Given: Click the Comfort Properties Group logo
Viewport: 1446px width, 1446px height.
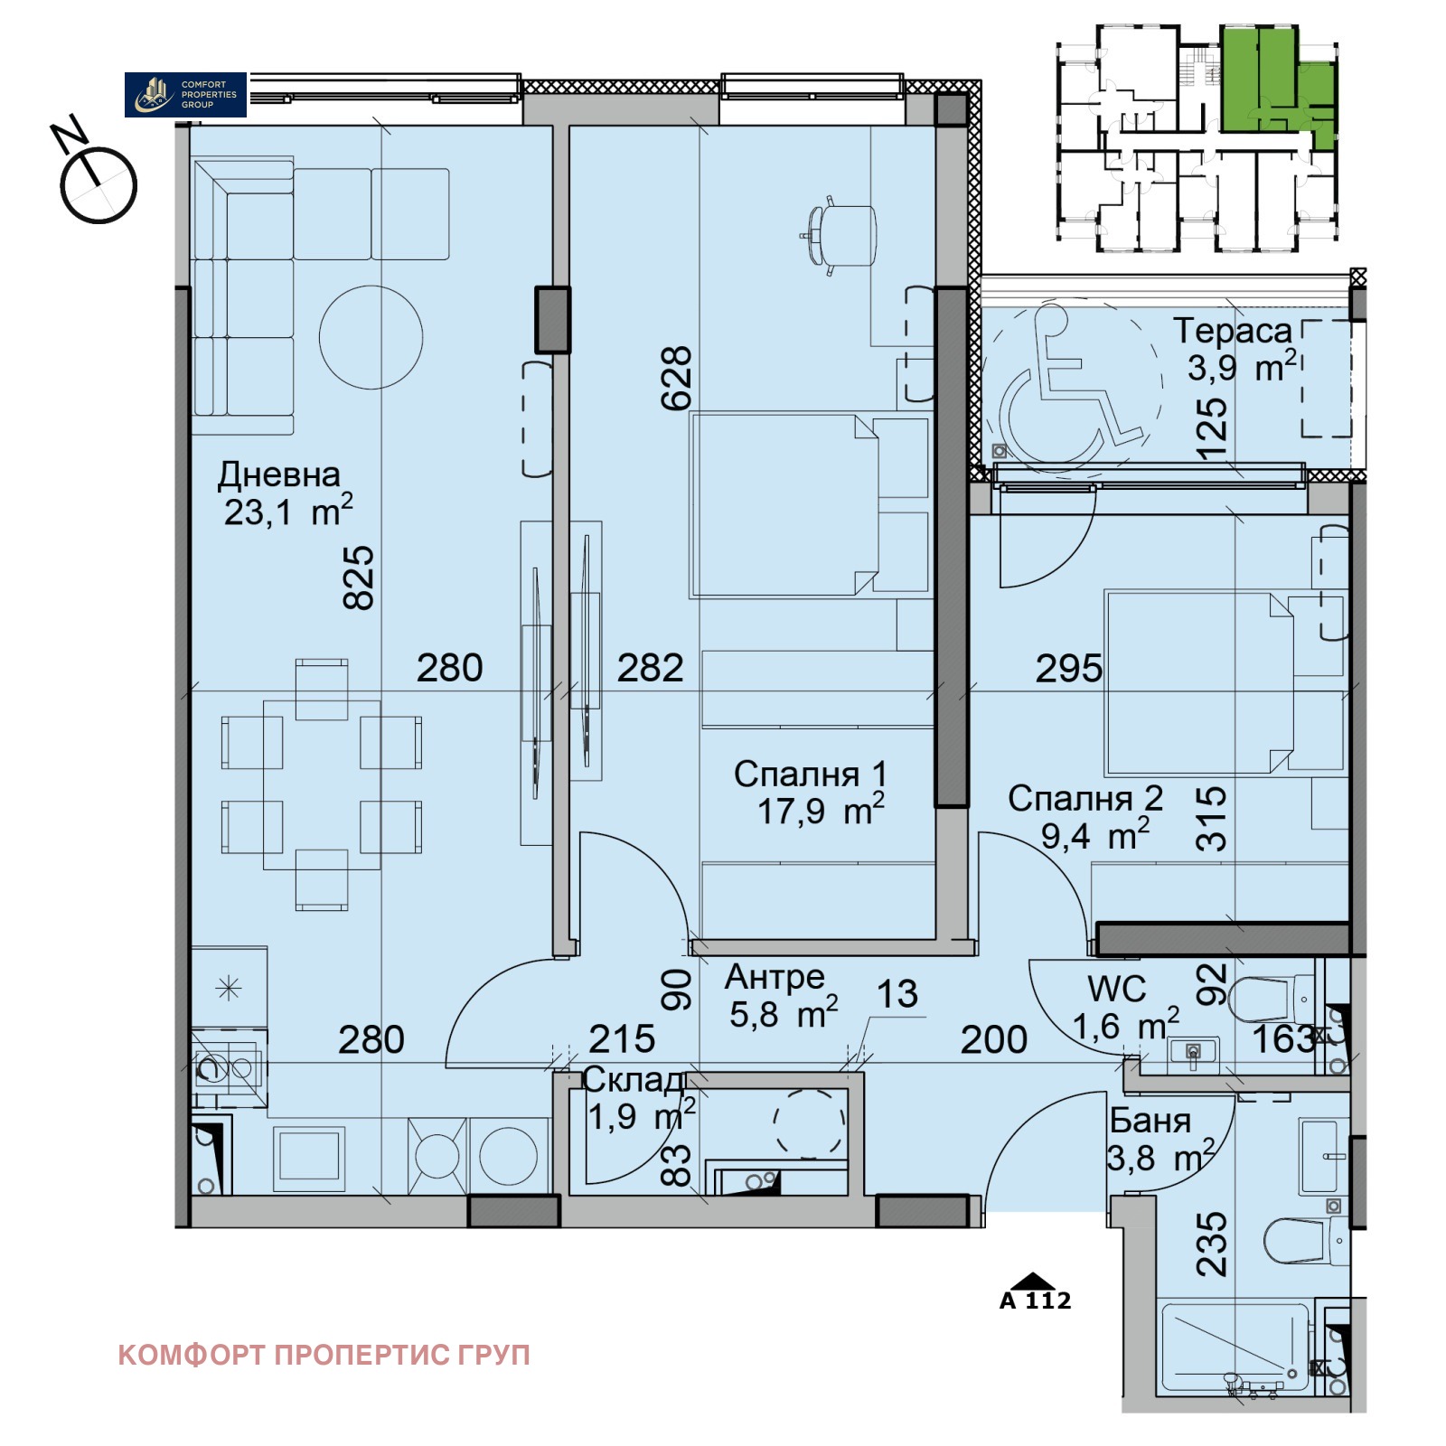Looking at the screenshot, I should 185,94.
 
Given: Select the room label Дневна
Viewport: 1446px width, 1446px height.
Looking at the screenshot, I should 279,474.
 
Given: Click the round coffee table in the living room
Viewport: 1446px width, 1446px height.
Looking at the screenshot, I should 371,337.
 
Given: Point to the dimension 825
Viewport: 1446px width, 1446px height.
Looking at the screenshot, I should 359,578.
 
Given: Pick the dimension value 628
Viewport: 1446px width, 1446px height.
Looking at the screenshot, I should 677,379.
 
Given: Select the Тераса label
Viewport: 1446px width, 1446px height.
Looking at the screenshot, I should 1233,331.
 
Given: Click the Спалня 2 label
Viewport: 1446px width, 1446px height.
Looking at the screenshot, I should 1084,799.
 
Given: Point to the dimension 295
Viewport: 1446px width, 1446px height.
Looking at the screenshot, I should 1068,669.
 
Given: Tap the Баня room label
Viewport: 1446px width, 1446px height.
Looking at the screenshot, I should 1150,1121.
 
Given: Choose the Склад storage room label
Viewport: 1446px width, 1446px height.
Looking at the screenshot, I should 633,1080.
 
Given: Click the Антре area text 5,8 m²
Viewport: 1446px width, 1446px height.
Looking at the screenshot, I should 783,1015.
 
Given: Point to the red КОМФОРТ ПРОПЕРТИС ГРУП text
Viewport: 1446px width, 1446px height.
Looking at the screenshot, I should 324,1355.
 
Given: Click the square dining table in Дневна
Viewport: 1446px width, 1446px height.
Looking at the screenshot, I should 321,784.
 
